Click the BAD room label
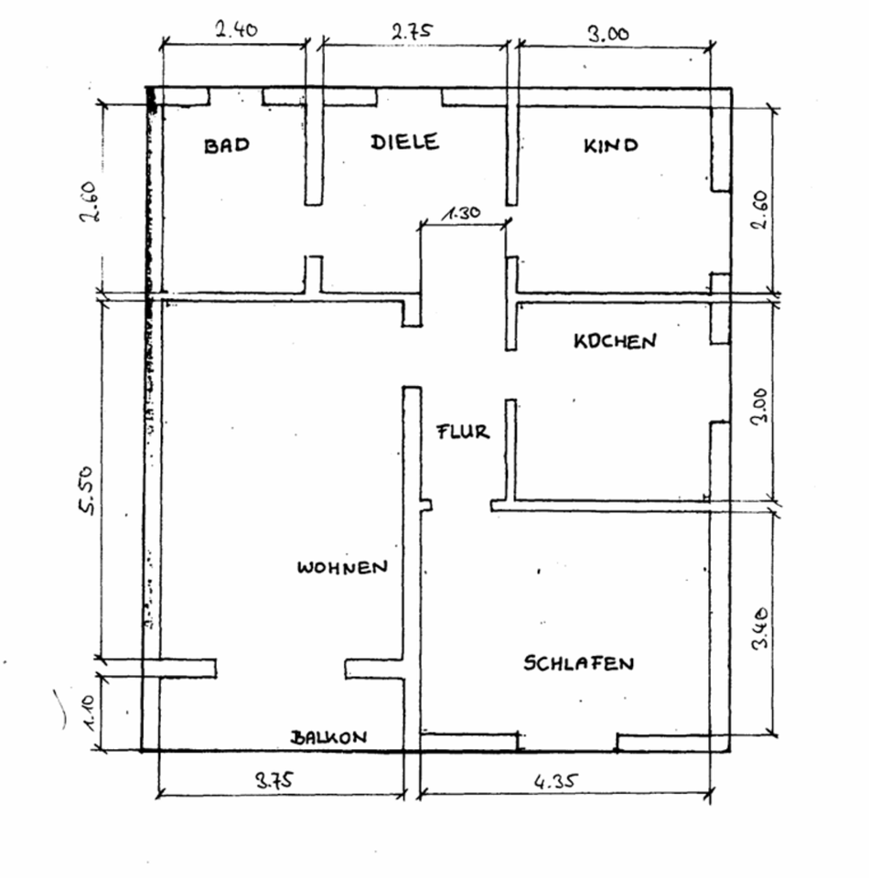pyautogui.click(x=226, y=145)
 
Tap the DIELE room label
pyautogui.click(x=404, y=142)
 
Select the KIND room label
pyautogui.click(x=611, y=145)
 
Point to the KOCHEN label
pyautogui.click(x=615, y=341)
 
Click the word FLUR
pyautogui.click(x=463, y=432)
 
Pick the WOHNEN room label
pyautogui.click(x=342, y=567)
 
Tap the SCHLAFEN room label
pyautogui.click(x=578, y=663)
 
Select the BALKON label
pyautogui.click(x=329, y=737)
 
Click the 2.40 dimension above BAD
pyautogui.click(x=236, y=29)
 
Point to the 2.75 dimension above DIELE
pyautogui.click(x=413, y=30)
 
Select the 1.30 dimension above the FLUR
pyautogui.click(x=462, y=214)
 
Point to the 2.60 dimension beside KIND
pyautogui.click(x=759, y=212)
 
